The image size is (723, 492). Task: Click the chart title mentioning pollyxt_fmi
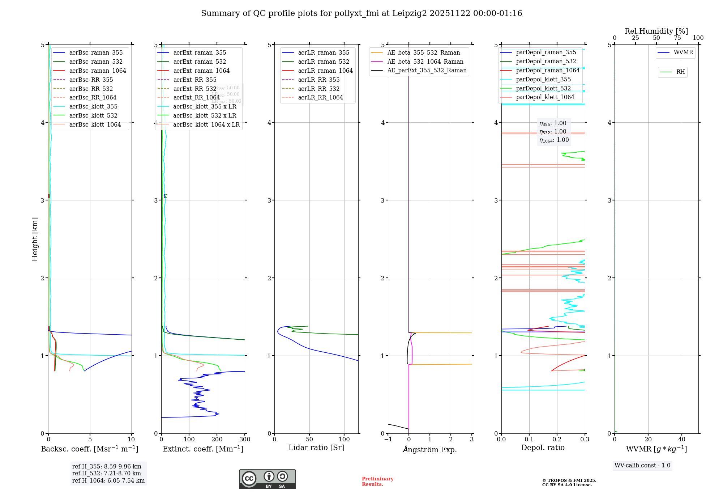click(x=361, y=13)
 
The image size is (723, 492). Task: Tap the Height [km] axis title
click(x=35, y=239)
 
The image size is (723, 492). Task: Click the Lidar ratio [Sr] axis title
click(x=316, y=448)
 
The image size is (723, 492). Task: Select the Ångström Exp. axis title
click(x=430, y=449)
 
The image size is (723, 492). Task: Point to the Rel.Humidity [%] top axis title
click(x=656, y=31)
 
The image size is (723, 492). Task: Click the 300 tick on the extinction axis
click(x=245, y=440)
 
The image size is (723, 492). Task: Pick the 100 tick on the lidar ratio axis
click(x=345, y=440)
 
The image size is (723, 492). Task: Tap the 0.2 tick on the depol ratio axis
click(x=557, y=440)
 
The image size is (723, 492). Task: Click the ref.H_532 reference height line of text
click(x=107, y=473)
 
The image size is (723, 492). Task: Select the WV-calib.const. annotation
click(x=642, y=466)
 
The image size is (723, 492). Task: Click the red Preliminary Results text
click(x=377, y=482)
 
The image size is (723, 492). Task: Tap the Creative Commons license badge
click(x=267, y=479)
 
